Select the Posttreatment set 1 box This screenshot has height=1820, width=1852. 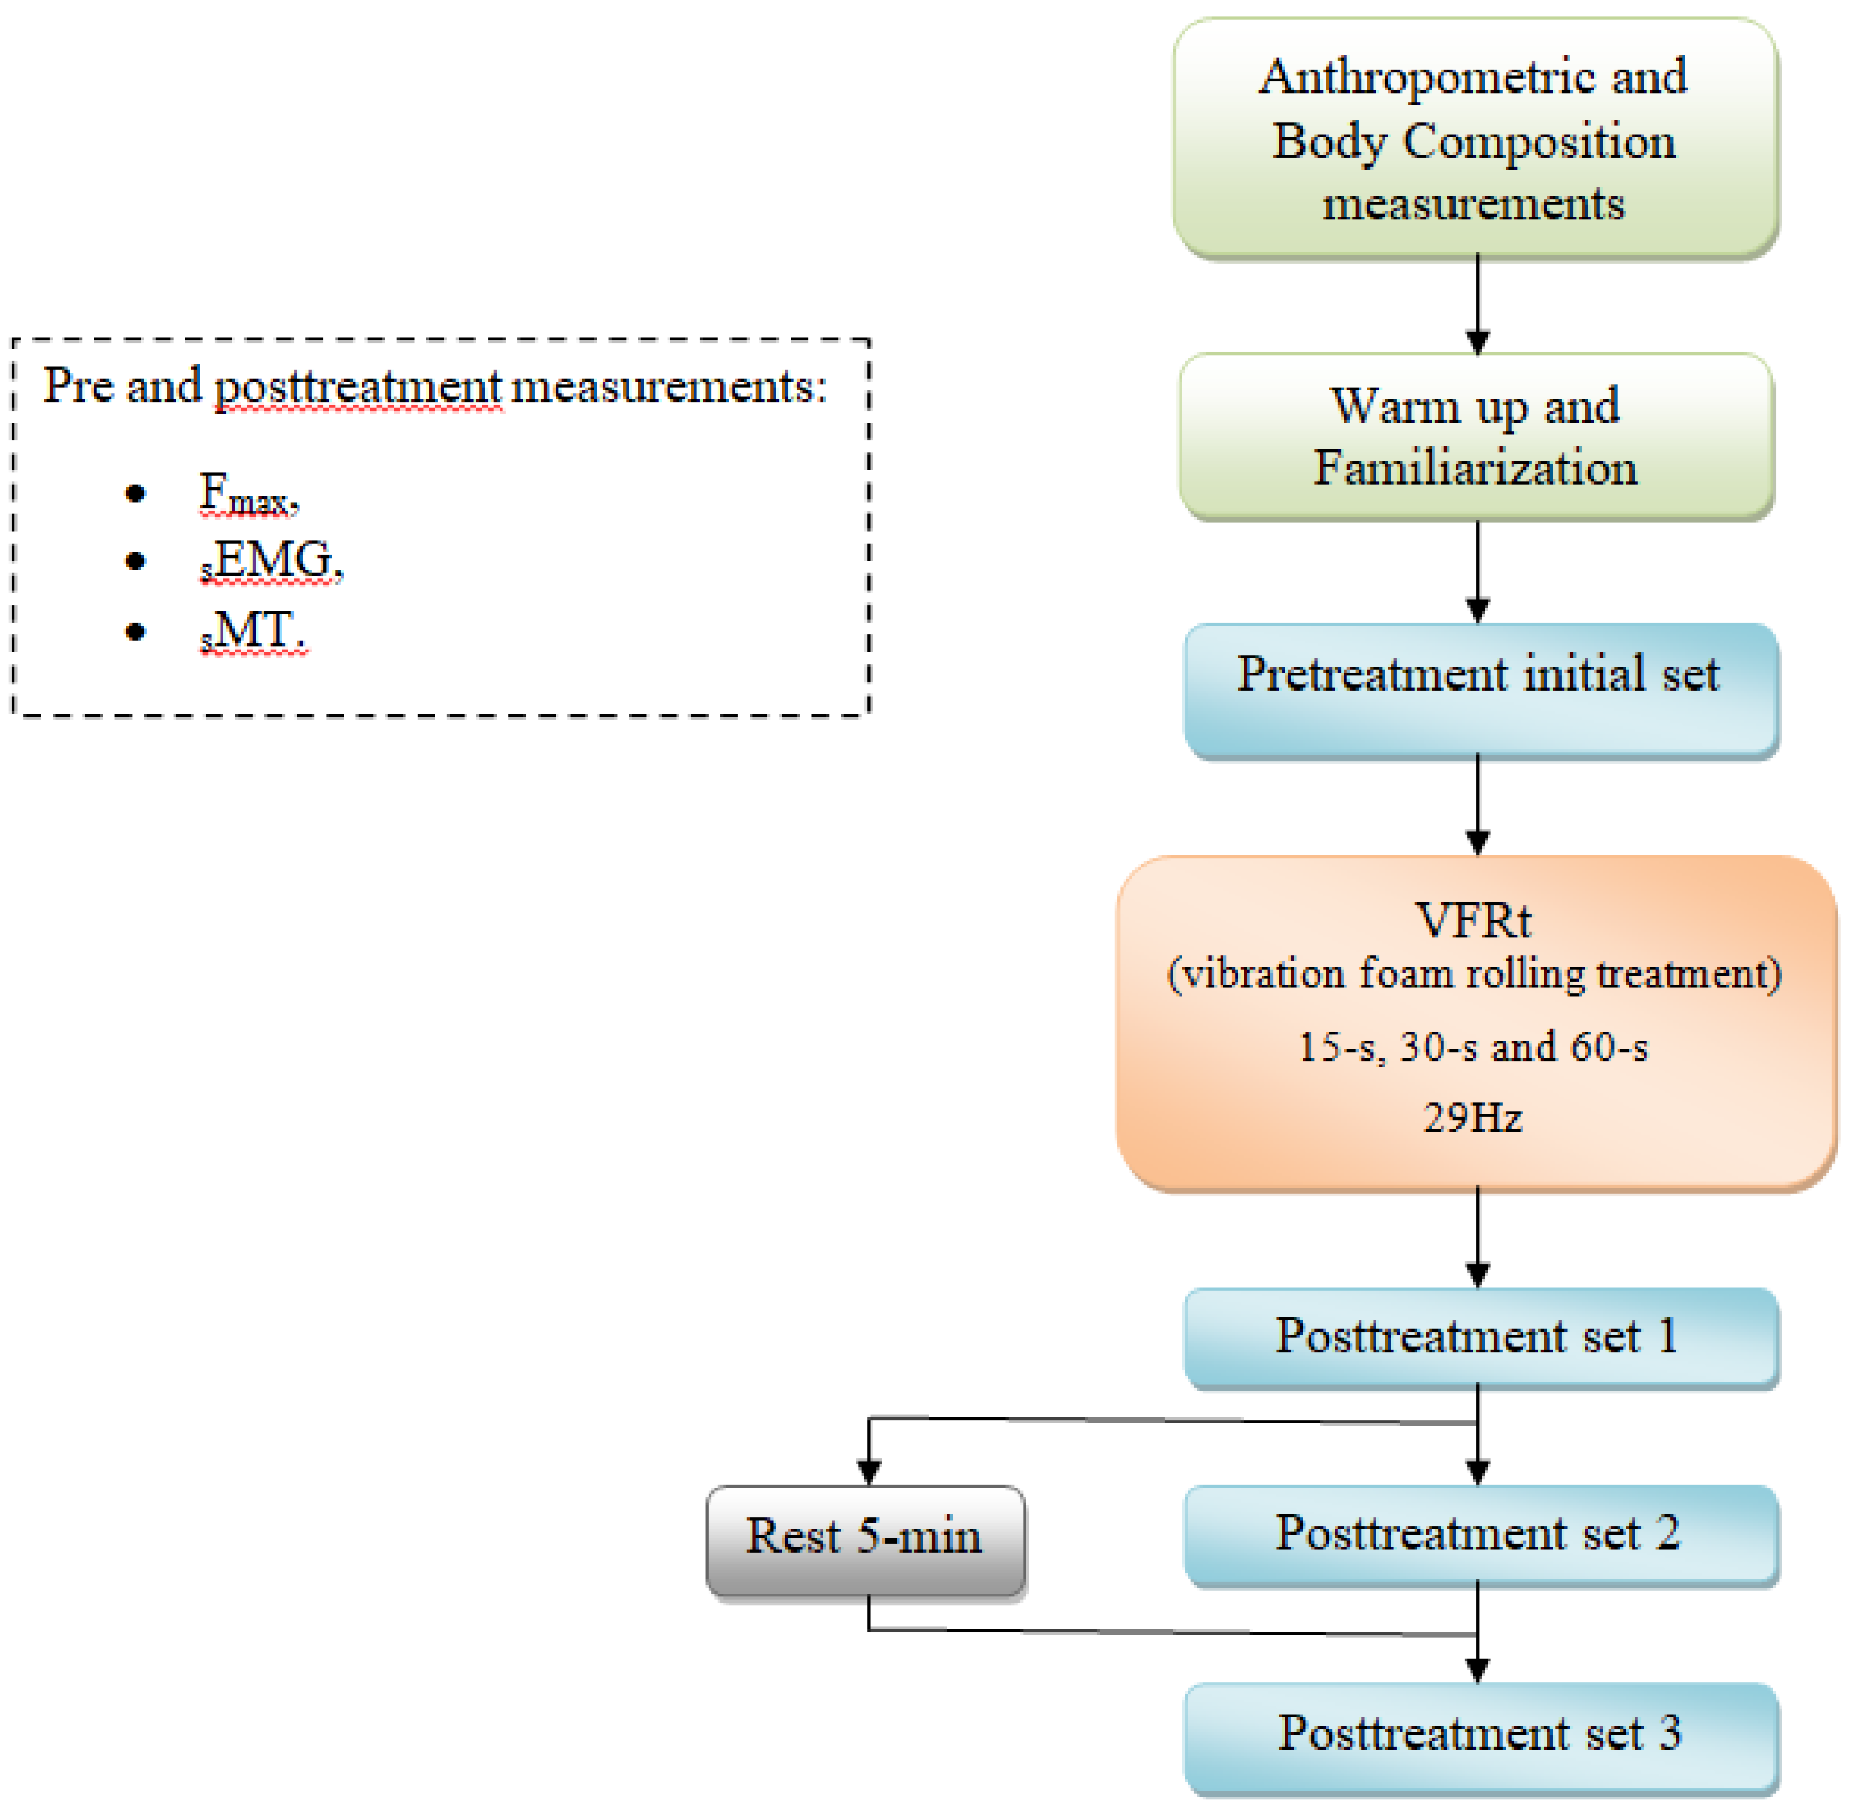[1480, 1337]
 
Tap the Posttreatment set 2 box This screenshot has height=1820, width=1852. [1480, 1534]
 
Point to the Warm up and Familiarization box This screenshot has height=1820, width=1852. [1476, 437]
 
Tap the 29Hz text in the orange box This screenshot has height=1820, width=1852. [1473, 1116]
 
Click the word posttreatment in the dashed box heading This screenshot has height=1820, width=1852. [357, 386]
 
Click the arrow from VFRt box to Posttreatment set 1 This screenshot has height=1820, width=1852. [1477, 1238]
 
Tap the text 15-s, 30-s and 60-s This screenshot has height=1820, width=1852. [1473, 1047]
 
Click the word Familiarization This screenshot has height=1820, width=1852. [1475, 468]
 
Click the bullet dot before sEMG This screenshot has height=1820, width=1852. [136, 561]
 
